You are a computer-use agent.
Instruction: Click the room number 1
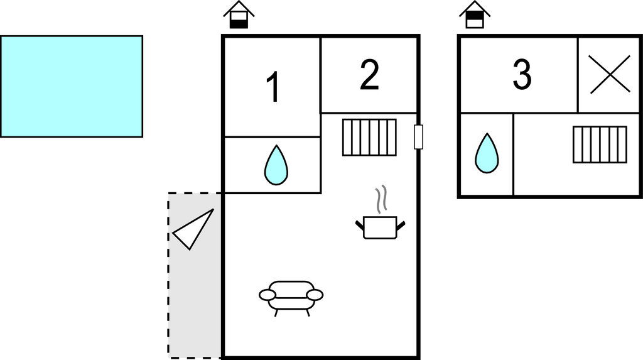273,87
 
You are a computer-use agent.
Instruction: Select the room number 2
369,75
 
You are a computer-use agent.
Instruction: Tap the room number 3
522,74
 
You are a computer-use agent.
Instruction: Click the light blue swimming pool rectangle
72,86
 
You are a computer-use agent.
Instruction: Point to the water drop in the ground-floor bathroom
276,165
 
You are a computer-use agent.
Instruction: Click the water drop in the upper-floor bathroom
487,153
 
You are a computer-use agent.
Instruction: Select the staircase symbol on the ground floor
369,138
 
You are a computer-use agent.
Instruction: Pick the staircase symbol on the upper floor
600,145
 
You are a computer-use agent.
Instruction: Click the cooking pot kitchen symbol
380,227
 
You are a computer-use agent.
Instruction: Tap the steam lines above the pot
381,199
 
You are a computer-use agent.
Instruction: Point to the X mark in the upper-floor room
610,74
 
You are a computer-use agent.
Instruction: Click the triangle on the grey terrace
193,229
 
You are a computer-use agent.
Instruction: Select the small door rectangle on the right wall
418,137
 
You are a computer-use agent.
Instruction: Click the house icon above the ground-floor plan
239,15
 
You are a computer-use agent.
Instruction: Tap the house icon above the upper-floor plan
475,15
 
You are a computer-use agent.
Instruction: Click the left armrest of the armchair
267,295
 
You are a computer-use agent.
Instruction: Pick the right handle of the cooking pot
401,226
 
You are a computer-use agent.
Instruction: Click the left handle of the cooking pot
360,226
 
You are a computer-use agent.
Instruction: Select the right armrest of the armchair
315,295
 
